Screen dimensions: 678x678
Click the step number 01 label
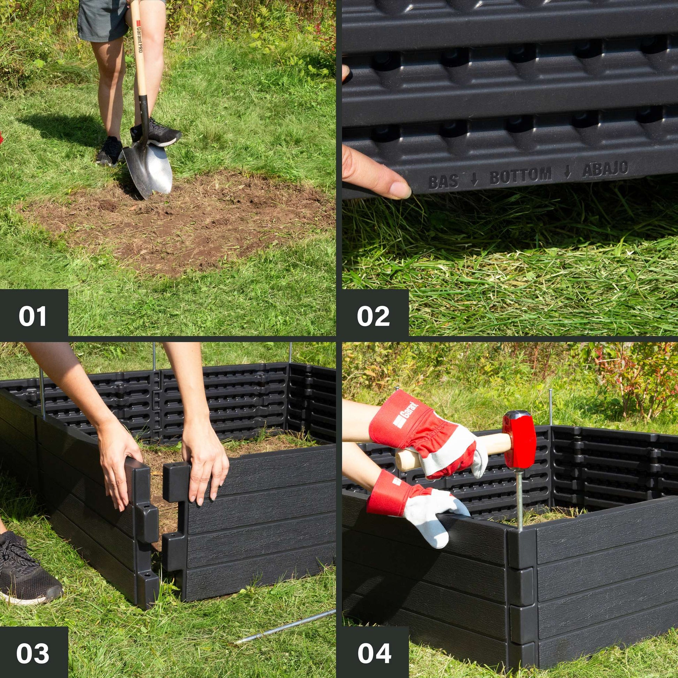coord(32,316)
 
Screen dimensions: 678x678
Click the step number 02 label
coord(373,316)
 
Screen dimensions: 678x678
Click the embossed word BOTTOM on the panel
coord(521,176)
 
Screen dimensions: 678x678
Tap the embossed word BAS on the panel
coord(443,182)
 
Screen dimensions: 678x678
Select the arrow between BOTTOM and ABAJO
coord(568,172)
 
